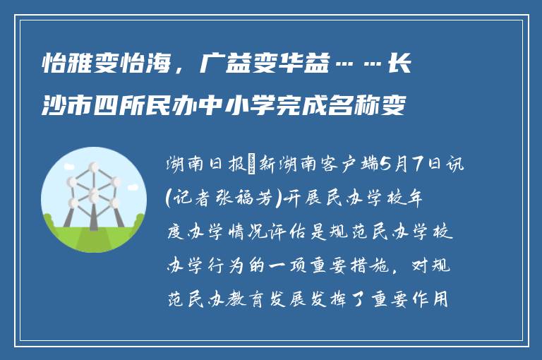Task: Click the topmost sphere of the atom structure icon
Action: point(92,169)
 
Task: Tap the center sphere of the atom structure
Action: point(92,193)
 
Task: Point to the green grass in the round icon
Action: point(92,236)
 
